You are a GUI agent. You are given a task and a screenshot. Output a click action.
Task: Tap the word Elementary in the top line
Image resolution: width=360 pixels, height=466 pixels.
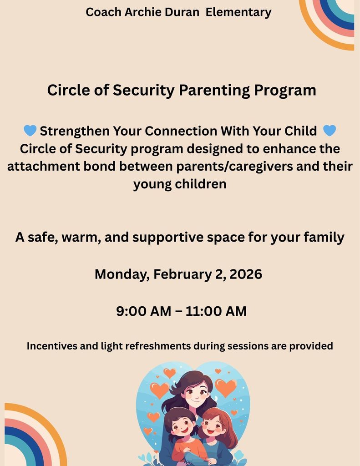coord(238,12)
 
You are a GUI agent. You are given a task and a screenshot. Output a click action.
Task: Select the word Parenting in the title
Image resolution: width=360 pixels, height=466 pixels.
coord(214,90)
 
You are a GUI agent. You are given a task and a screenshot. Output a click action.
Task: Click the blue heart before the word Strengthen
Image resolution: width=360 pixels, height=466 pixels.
coord(30,131)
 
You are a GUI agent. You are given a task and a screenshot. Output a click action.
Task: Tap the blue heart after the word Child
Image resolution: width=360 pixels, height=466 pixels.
coord(329,131)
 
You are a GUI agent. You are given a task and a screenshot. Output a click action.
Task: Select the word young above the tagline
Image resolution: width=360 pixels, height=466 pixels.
coord(152,184)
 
